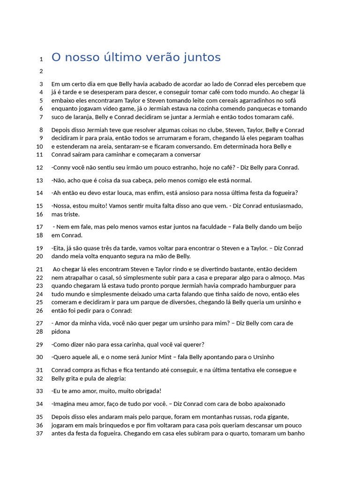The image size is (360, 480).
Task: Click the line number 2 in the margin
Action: click(x=41, y=71)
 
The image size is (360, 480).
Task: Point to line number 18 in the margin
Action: click(x=39, y=235)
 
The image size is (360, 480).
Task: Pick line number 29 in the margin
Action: click(x=39, y=345)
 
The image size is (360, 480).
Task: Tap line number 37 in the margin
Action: click(x=39, y=434)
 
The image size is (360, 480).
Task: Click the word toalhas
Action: click(x=292, y=138)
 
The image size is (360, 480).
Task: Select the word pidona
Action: click(x=60, y=331)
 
